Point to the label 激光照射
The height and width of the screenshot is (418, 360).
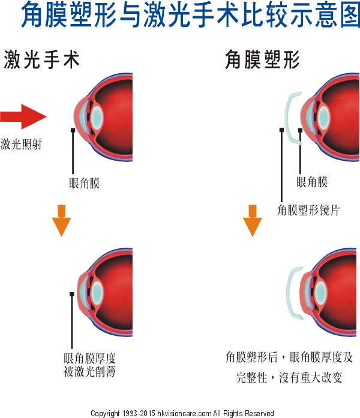coord(22,145)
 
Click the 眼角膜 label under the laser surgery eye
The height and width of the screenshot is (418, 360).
coord(84,183)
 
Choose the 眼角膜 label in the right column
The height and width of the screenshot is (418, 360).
coord(312,182)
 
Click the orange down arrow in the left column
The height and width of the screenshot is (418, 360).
coord(61,220)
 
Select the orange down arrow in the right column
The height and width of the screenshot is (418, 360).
coord(253,220)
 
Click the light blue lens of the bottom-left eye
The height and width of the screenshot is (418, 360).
coord(96,291)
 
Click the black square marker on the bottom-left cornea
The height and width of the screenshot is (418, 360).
coord(72,293)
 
